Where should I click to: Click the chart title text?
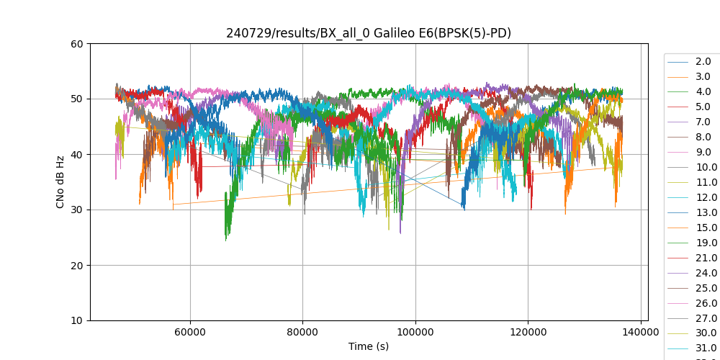369,33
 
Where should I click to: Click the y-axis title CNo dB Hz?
60,182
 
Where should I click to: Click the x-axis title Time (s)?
369,346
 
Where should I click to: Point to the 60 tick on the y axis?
77,43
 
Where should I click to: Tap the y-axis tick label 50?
77,99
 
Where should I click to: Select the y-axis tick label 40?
77,154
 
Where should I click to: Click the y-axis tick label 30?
77,210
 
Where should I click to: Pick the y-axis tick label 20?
77,265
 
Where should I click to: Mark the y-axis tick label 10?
77,320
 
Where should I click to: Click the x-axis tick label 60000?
190,333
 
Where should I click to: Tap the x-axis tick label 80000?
302,333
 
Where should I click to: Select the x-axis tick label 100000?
415,333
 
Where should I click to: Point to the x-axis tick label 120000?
528,333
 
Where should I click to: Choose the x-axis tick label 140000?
641,333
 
